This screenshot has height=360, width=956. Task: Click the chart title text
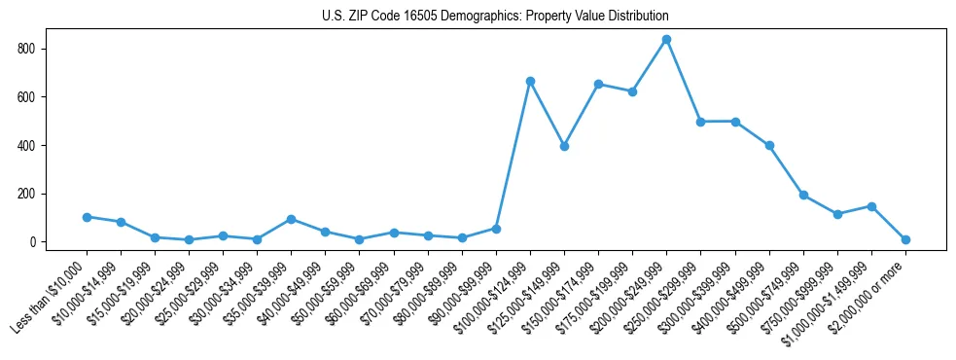pyautogui.click(x=495, y=17)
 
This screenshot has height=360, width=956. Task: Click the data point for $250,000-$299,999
pyautogui.click(x=701, y=122)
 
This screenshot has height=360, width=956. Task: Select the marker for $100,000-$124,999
pyautogui.click(x=530, y=81)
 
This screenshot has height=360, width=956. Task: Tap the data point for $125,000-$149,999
pyautogui.click(x=564, y=146)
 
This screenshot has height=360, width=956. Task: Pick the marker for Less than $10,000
pyautogui.click(x=87, y=217)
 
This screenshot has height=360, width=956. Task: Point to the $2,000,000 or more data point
pyautogui.click(x=905, y=239)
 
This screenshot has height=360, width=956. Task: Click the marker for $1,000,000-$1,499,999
pyautogui.click(x=871, y=206)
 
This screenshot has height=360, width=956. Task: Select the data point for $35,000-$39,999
pyautogui.click(x=292, y=219)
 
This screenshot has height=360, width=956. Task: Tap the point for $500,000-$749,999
pyautogui.click(x=803, y=195)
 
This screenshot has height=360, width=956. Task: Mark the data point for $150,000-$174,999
pyautogui.click(x=598, y=84)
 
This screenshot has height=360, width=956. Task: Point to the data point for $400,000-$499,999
pyautogui.click(x=769, y=145)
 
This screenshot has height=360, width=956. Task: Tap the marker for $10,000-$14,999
pyautogui.click(x=121, y=222)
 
